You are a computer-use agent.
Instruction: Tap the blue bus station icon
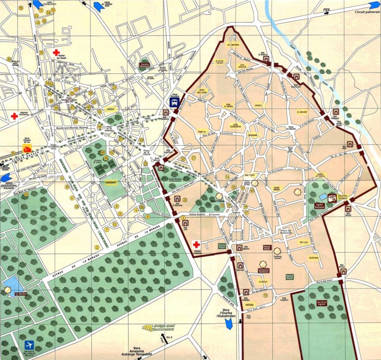tap(175, 102)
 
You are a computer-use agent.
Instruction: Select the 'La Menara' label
tap(20, 294)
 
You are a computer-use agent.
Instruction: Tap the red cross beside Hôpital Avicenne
tap(14, 116)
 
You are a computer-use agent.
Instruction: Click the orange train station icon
tap(27, 148)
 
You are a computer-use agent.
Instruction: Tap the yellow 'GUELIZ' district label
tap(109, 112)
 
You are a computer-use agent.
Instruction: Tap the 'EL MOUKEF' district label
tap(302, 113)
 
